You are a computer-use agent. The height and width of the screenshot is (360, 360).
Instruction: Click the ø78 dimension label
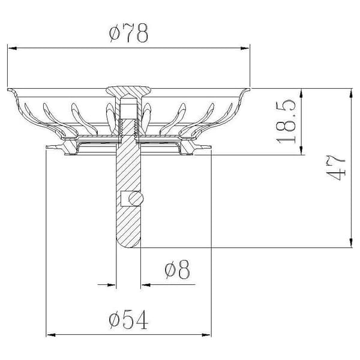pyautogui.click(x=128, y=33)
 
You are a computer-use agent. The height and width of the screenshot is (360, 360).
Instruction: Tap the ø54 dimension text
pyautogui.click(x=128, y=319)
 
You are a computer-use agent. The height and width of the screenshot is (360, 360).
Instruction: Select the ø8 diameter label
pyautogui.click(x=177, y=269)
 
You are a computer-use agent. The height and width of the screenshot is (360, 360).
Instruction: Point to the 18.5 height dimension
pyautogui.click(x=286, y=121)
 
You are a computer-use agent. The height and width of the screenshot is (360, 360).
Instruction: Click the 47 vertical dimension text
pyautogui.click(x=335, y=168)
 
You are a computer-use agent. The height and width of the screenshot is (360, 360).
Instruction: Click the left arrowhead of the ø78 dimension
pyautogui.click(x=13, y=48)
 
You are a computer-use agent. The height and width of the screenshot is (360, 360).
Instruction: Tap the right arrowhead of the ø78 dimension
pyautogui.click(x=245, y=48)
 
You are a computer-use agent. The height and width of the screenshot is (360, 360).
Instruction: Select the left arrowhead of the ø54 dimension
pyautogui.click(x=51, y=335)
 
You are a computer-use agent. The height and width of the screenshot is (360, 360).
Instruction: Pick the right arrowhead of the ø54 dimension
pyautogui.click(x=206, y=335)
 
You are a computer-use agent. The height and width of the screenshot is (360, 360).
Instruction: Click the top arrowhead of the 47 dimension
pyautogui.click(x=350, y=93)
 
